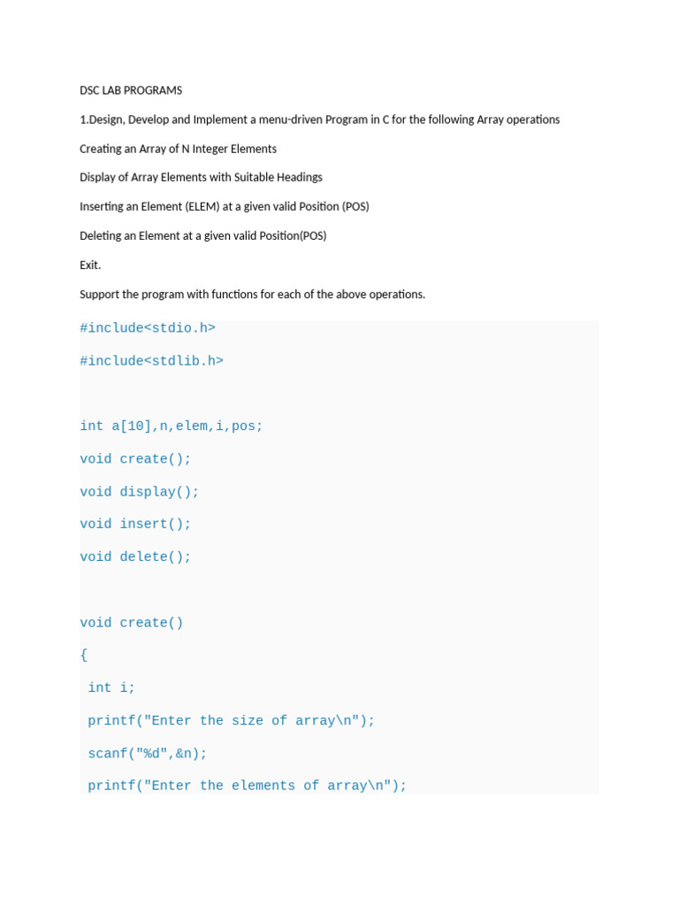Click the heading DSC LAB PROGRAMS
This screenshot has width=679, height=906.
(131, 90)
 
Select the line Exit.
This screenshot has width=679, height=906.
(90, 265)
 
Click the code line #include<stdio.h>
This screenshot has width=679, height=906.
(148, 328)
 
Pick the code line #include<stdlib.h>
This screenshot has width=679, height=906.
(151, 361)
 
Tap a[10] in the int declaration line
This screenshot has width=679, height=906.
(131, 426)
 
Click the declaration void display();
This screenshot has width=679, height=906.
(140, 492)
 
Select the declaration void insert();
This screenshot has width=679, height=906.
(135, 524)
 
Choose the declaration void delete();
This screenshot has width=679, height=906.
(135, 557)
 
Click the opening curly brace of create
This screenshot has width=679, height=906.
(84, 655)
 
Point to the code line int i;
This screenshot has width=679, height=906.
(111, 687)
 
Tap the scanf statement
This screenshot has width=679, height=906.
(147, 754)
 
